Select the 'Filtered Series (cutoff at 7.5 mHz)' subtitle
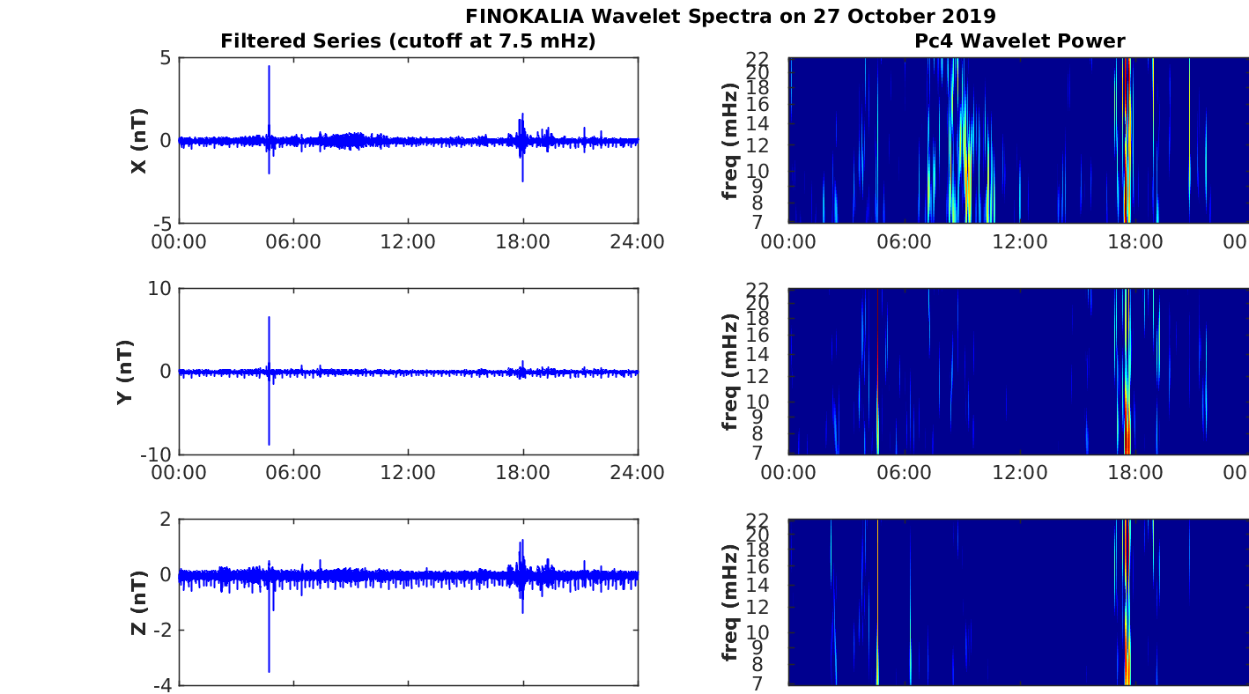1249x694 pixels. (x=408, y=41)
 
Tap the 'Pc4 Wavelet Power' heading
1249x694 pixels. (x=1019, y=41)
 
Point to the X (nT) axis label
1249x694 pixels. (x=138, y=141)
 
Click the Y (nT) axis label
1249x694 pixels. (x=125, y=372)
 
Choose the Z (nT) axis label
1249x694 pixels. (x=138, y=602)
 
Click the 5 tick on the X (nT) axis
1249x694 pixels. (x=165, y=59)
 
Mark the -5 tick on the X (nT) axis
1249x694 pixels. (x=160, y=223)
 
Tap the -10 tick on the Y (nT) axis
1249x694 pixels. (x=155, y=454)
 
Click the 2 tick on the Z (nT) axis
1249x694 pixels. (x=165, y=520)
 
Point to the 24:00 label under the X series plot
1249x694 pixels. (x=637, y=241)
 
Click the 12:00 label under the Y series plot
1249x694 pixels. (x=408, y=472)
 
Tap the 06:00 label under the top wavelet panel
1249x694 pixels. (x=904, y=241)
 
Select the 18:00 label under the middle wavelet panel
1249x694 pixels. (x=1134, y=472)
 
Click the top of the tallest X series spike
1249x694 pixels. (x=269, y=66)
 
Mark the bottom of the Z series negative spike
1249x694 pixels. (x=269, y=672)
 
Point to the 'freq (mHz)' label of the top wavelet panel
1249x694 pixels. (x=729, y=141)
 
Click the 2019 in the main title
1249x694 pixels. (x=969, y=16)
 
